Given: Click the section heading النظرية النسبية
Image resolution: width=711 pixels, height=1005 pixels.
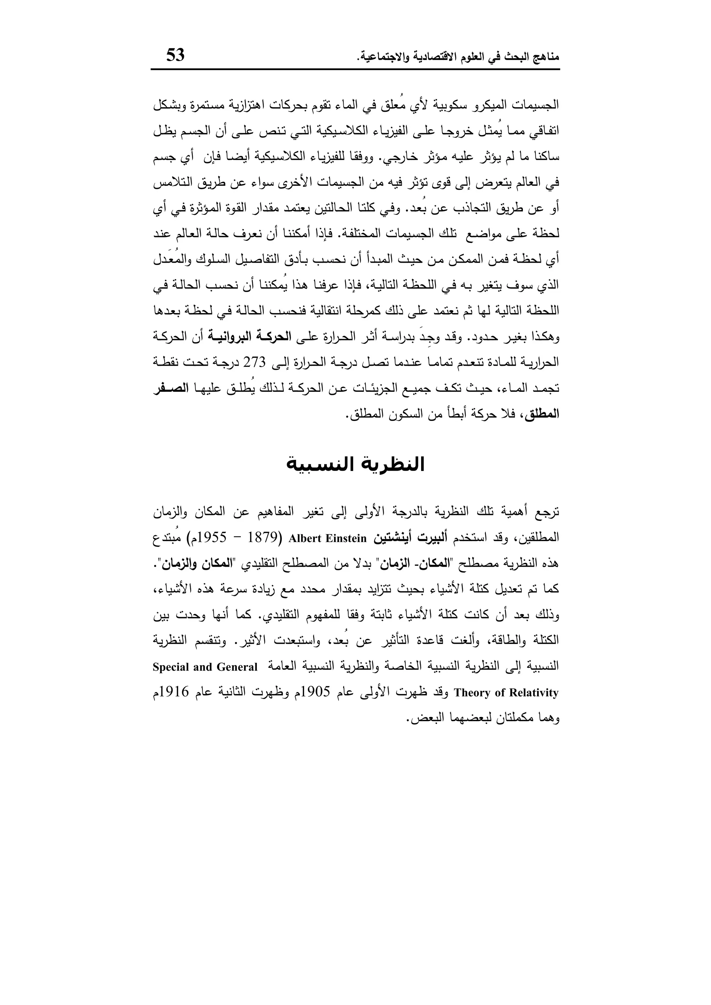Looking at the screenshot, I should coord(355,464).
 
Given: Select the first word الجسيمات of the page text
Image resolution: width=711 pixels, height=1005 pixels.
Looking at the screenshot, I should coord(535,105).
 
